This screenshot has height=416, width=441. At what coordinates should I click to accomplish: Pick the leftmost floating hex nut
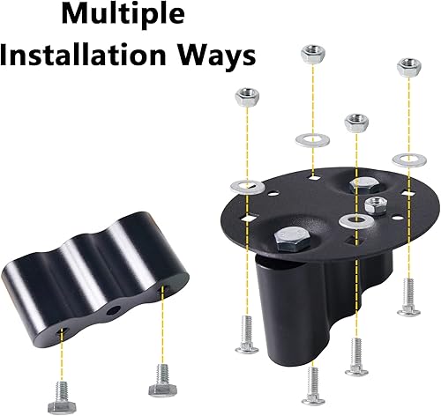(x=245, y=95)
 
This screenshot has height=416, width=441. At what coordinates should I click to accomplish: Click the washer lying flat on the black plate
(x=355, y=220)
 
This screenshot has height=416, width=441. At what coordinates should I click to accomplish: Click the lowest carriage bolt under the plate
(x=311, y=384)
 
